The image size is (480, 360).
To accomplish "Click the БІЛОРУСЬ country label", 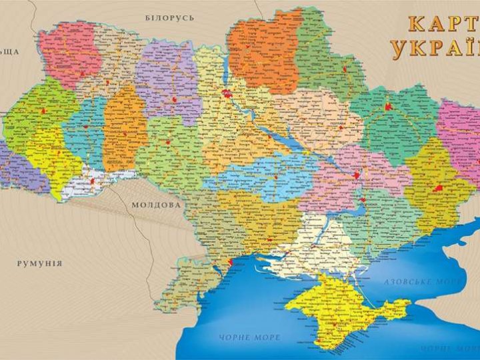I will [169, 17].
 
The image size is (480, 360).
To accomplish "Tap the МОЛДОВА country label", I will [156, 205].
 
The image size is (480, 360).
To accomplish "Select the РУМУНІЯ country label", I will [41, 263].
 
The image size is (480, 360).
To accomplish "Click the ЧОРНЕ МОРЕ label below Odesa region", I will [251, 337].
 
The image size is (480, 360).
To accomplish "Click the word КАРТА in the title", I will [443, 23].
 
